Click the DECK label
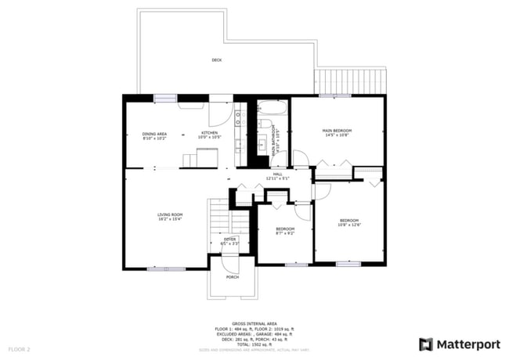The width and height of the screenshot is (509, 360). coord(216,59)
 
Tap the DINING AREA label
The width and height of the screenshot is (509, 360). coord(154,134)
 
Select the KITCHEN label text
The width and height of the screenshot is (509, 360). coord(209,133)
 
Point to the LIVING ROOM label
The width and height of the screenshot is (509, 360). coord(170,214)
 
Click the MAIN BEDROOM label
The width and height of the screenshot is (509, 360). coord(337,130)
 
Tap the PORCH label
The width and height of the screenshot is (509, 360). coord(232,277)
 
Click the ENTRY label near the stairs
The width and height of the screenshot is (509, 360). coord(229,239)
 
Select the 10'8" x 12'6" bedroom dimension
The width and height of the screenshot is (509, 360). coord(348,225)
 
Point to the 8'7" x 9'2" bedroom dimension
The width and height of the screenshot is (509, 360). coord(285,233)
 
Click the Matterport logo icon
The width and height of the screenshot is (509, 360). coord(425,344)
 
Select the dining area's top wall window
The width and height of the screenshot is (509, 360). coord(165,98)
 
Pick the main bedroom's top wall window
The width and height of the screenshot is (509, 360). coord(334,96)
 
